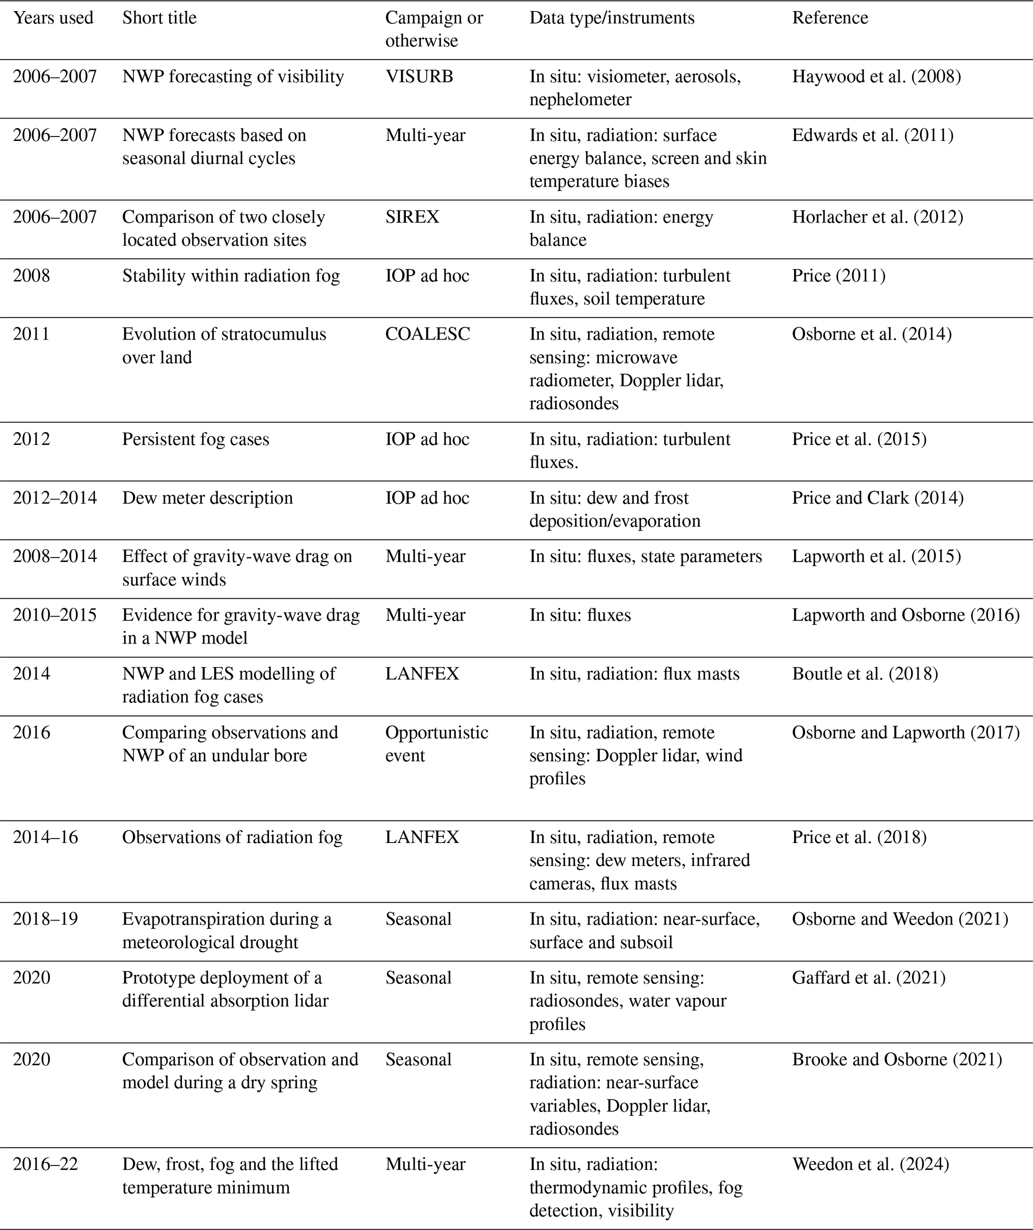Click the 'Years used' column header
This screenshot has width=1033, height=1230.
point(53,18)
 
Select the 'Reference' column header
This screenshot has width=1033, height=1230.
point(830,18)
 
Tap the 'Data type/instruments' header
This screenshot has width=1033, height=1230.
point(612,18)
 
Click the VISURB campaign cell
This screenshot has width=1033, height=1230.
point(419,77)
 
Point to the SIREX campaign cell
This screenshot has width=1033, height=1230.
point(412,217)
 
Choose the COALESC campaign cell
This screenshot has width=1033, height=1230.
point(427,334)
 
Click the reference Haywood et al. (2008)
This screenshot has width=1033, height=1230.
point(876,77)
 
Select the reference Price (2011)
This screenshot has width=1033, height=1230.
point(839,276)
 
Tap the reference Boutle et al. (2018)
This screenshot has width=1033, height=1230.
point(865,674)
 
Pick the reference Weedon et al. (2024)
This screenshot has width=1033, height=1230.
point(870,1164)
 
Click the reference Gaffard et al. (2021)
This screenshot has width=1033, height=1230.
point(869,978)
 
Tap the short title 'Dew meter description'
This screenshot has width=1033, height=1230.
point(207,498)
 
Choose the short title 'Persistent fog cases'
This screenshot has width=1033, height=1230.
point(195,439)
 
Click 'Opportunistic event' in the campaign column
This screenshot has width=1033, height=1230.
point(436,743)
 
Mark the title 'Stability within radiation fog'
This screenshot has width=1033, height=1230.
point(231,276)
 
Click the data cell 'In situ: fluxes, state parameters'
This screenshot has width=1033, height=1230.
point(645,556)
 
